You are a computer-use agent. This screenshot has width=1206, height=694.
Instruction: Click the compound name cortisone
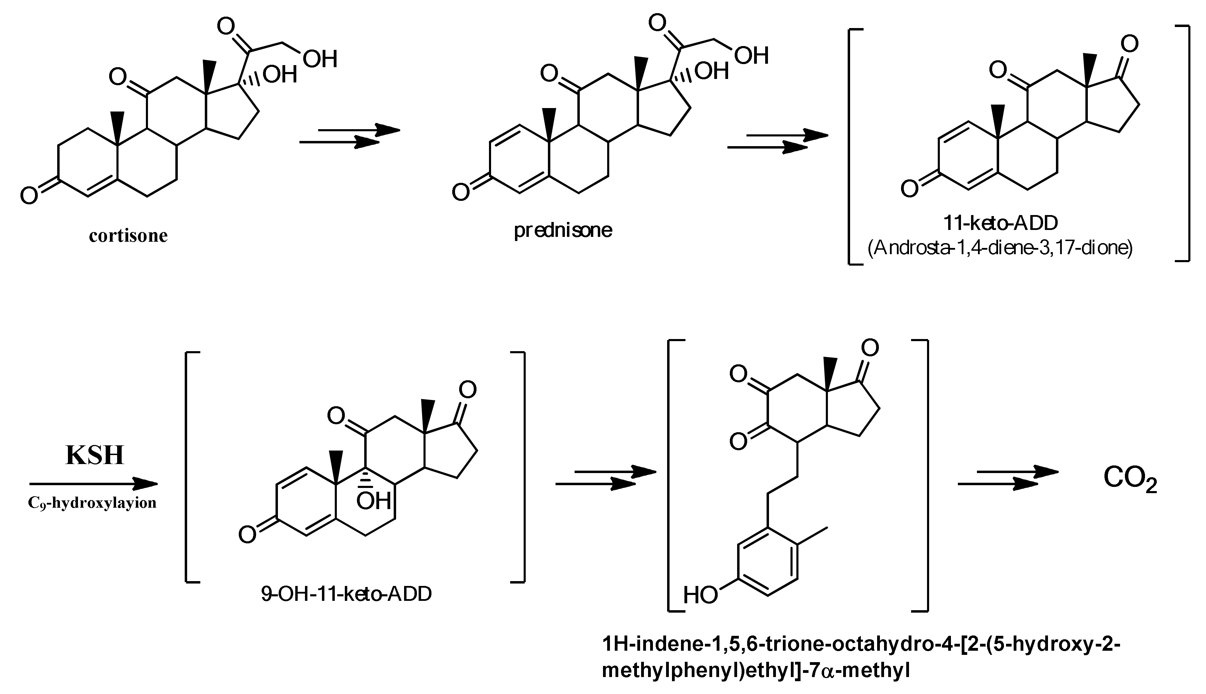[128, 236]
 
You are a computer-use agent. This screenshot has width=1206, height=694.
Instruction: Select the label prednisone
[563, 231]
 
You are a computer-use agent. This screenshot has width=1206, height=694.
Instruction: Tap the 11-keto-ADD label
[1000, 223]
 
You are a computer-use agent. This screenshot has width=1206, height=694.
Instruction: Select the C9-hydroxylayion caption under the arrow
[93, 503]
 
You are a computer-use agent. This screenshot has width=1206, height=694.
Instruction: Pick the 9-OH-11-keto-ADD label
[346, 594]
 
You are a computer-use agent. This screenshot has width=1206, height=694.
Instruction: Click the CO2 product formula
[1130, 479]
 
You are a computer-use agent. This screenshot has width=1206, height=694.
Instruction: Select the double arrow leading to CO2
[1008, 478]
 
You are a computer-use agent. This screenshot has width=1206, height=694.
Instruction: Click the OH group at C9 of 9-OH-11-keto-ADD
[374, 500]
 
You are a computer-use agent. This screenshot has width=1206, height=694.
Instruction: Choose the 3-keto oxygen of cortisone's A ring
[29, 195]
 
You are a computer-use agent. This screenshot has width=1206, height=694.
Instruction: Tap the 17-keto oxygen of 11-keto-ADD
[1129, 44]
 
